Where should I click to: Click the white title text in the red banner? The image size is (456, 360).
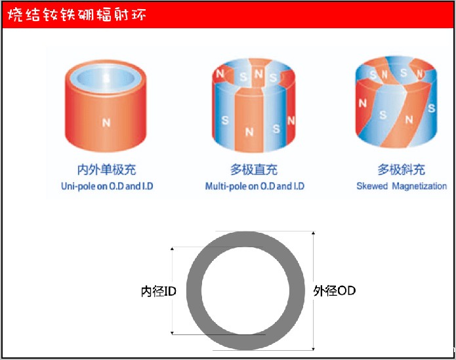[x=76, y=15]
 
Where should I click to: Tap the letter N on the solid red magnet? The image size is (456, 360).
[x=106, y=121]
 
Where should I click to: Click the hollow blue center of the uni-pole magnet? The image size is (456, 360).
[x=106, y=77]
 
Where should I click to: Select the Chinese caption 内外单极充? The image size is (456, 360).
[x=106, y=170]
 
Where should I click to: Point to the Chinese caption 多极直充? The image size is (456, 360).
[x=254, y=170]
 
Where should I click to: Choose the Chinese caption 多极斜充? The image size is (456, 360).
[x=401, y=170]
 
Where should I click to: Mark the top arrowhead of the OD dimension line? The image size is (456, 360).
[x=314, y=233]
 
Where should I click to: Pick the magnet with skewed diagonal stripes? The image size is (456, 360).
[x=397, y=105]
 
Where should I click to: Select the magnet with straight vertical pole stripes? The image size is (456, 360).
[x=254, y=105]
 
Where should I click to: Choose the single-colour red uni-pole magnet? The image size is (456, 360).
[x=106, y=108]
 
